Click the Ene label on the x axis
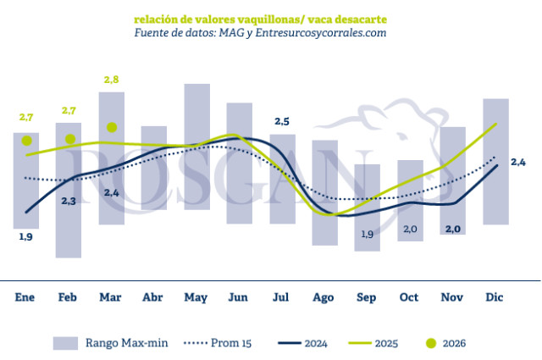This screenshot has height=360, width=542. coord(25,297)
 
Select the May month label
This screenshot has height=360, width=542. coord(196,297)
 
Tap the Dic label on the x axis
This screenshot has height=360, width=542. coord(496,297)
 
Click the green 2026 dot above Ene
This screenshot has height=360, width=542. coord(26,141)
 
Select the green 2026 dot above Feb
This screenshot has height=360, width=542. coord(70,139)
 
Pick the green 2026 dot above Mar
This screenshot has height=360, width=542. coord(112,128)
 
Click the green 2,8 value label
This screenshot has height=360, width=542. coord(112,80)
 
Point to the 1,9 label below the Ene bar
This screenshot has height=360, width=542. coord(25,237)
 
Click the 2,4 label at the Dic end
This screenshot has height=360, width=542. coord(518,162)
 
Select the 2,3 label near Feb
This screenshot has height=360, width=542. coord(69,201)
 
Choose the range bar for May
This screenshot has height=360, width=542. coord(196,147)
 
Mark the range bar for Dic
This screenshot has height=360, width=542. coord(496,161)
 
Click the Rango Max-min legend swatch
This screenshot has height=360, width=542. coord(65,343)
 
